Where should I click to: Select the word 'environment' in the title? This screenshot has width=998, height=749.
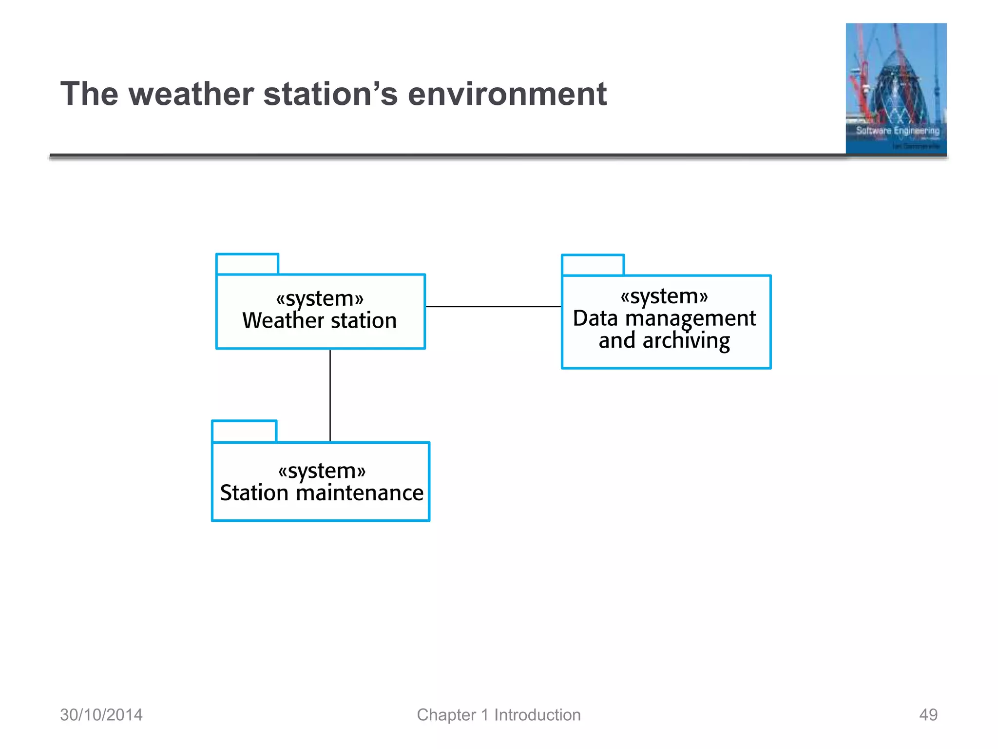[507, 94]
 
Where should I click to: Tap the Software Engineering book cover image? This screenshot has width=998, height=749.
[896, 89]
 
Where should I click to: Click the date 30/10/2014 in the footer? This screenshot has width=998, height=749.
[101, 715]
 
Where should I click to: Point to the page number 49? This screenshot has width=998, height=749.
[928, 715]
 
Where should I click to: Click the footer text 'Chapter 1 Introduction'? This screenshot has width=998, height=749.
[499, 715]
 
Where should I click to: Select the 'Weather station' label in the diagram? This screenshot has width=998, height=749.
[319, 321]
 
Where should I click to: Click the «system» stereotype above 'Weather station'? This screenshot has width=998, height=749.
[320, 298]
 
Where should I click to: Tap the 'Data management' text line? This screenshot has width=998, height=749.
[664, 318]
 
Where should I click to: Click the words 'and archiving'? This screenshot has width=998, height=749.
[664, 340]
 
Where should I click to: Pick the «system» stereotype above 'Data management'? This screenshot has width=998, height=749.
[664, 296]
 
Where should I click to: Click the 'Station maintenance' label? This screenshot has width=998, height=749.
[322, 493]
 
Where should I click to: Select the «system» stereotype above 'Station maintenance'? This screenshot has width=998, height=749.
[322, 471]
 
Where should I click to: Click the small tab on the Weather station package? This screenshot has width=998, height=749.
[247, 264]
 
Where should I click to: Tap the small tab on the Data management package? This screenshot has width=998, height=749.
[593, 265]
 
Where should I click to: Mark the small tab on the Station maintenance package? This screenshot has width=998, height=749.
[244, 431]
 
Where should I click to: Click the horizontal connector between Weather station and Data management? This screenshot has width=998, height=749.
[493, 307]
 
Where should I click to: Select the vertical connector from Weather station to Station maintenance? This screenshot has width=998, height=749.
[330, 395]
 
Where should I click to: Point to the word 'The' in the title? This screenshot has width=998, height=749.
[89, 94]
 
